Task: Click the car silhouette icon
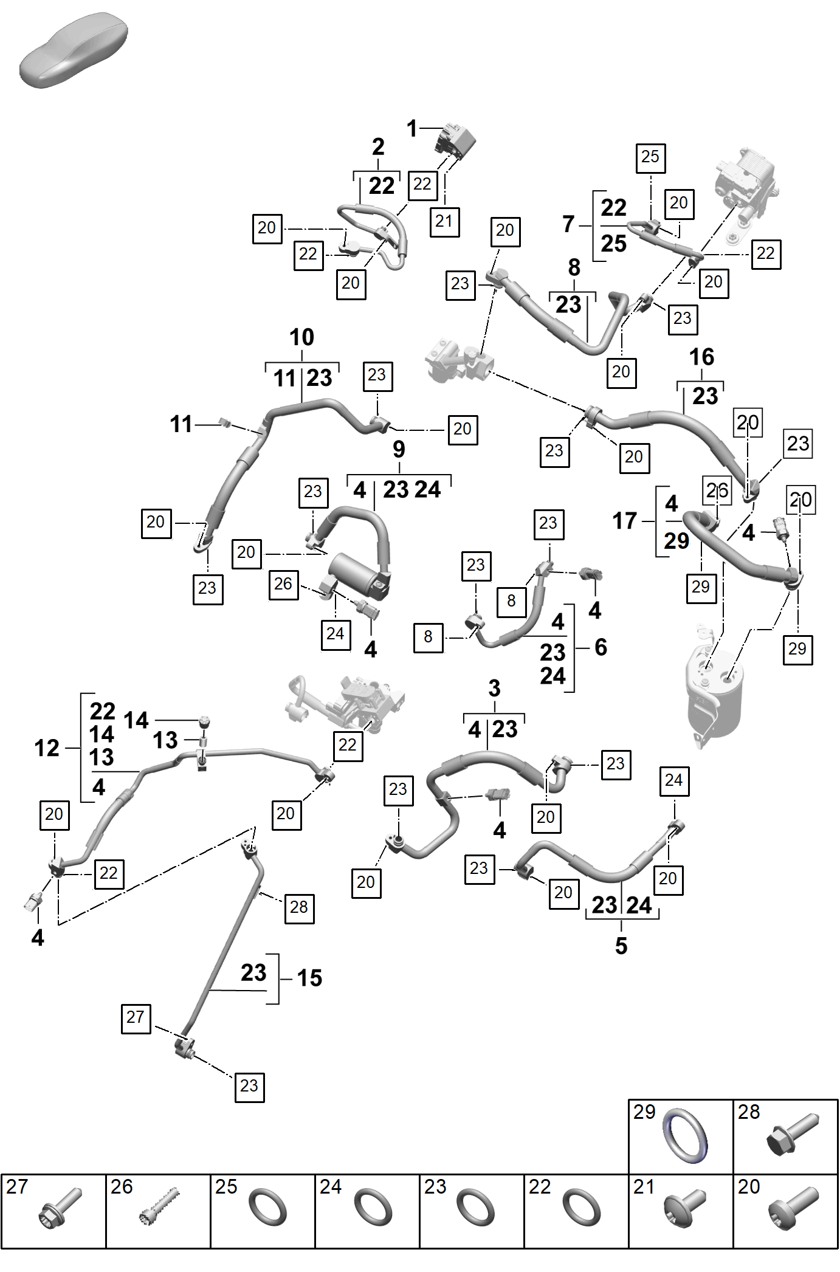tap(74, 51)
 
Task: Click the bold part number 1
tap(411, 129)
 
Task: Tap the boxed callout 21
tap(444, 221)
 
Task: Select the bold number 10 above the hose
tap(301, 337)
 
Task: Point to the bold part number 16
tap(701, 357)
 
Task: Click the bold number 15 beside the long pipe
tap(309, 978)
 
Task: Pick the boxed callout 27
tap(136, 1019)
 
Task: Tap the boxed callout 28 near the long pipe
tap(299, 909)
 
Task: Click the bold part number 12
tap(47, 748)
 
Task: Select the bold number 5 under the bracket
tap(621, 946)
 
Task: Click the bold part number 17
tap(624, 521)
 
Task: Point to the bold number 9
tap(399, 449)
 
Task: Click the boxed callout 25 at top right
tap(650, 158)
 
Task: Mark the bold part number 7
tap(568, 224)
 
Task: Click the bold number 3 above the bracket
tap(494, 689)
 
